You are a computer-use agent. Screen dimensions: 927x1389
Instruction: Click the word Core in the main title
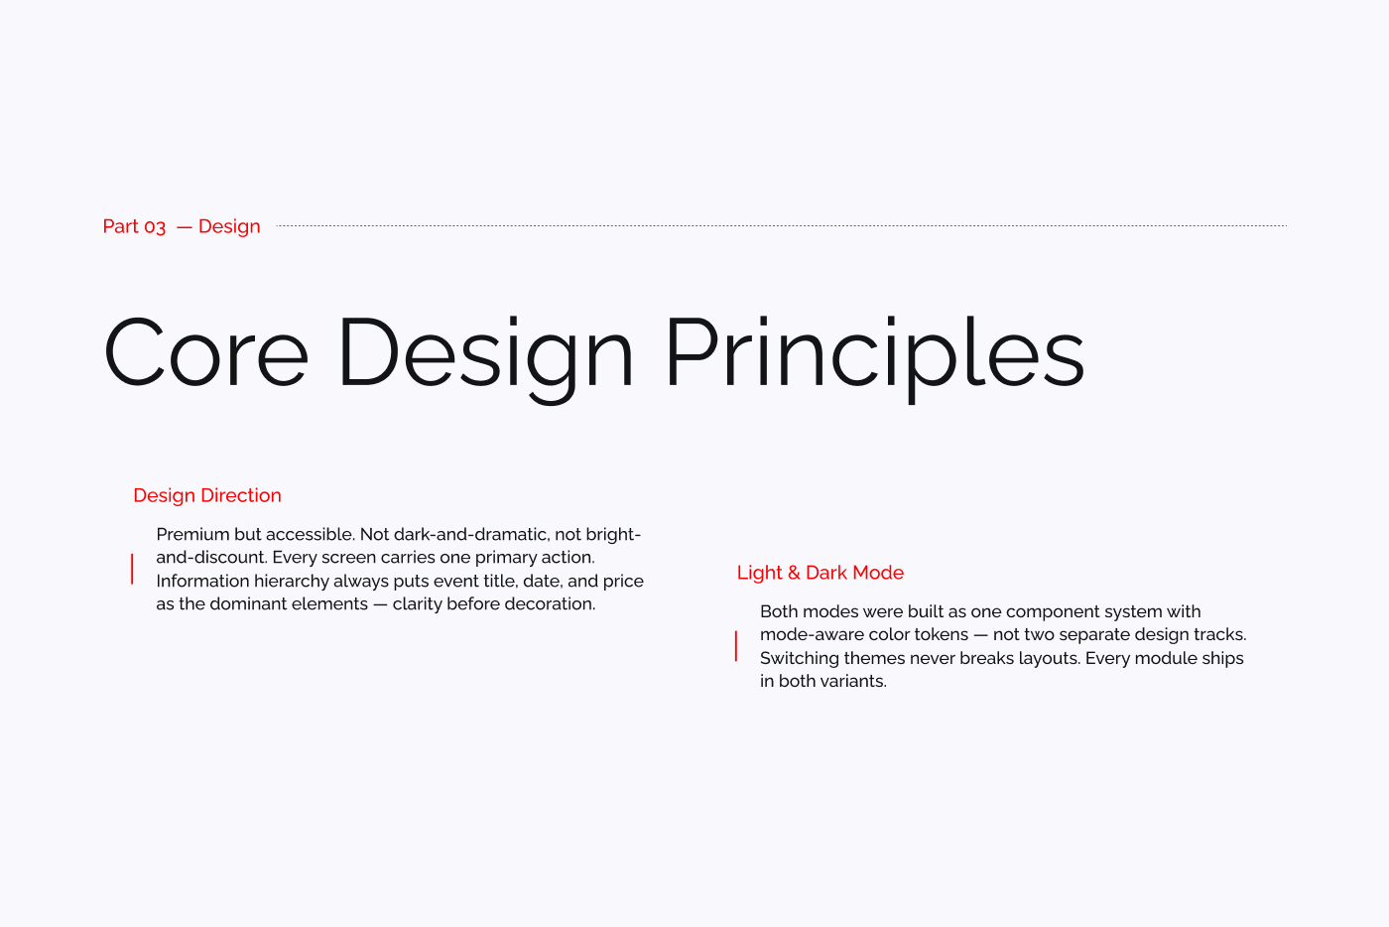(x=206, y=353)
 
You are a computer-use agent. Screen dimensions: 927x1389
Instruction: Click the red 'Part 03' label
(x=134, y=226)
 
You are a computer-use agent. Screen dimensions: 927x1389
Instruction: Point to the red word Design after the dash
(x=229, y=226)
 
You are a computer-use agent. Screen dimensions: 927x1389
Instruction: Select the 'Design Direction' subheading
(x=207, y=495)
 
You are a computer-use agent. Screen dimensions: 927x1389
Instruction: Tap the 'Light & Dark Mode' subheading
(x=821, y=573)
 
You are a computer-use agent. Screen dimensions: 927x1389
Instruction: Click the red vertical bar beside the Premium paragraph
(x=132, y=569)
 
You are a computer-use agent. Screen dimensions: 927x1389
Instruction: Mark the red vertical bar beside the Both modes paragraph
(x=735, y=646)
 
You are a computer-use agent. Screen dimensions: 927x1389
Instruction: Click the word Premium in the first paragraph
(x=192, y=534)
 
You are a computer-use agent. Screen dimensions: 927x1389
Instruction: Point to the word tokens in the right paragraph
(x=943, y=634)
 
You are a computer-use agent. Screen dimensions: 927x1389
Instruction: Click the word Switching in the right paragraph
(x=799, y=658)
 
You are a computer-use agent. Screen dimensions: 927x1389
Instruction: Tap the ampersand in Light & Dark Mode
(x=794, y=573)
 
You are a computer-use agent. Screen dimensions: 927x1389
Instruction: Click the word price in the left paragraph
(x=623, y=581)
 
